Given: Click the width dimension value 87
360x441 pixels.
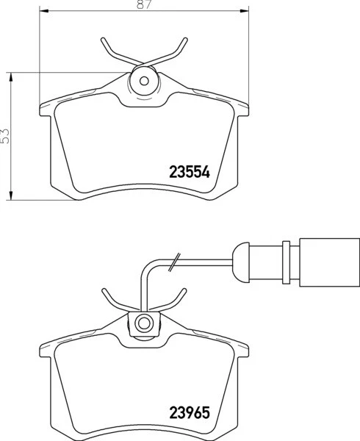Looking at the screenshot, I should [143, 5].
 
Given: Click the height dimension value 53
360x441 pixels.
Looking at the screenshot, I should [6, 135].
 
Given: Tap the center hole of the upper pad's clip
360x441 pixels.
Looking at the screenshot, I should [144, 81].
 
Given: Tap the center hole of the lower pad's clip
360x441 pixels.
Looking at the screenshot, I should [144, 321].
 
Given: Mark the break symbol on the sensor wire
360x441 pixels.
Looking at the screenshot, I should [174, 261].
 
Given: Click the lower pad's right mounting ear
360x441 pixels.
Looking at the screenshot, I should [242, 351].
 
